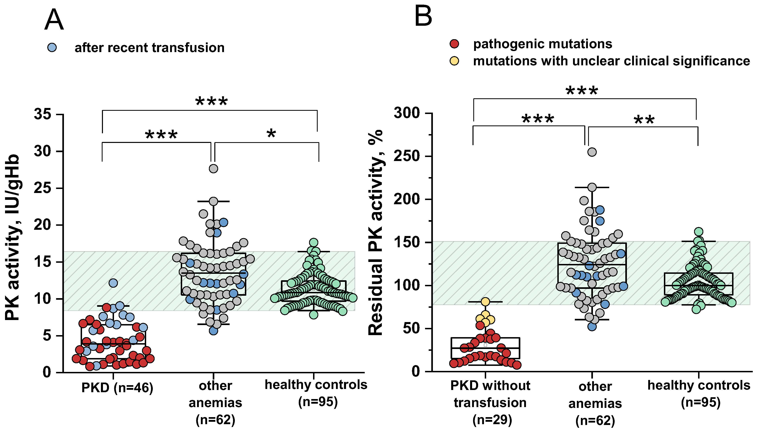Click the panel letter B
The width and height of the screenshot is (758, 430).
point(423,17)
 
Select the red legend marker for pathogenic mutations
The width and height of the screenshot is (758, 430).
point(454,44)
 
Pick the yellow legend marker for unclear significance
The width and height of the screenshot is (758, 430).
point(454,61)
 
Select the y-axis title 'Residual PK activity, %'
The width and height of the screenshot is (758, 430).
point(376,232)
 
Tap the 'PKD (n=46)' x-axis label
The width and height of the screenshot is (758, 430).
point(117,388)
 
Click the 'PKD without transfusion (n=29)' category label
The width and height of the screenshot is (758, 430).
point(490,402)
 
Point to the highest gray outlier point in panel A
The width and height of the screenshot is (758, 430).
point(213,169)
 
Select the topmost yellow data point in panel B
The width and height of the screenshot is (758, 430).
point(485,302)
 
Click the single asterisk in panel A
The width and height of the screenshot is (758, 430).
point(271,133)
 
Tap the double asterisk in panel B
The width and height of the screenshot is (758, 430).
point(644,120)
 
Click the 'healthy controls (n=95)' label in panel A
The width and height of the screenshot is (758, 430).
point(316,393)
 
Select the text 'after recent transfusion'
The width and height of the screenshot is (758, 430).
point(149,48)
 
